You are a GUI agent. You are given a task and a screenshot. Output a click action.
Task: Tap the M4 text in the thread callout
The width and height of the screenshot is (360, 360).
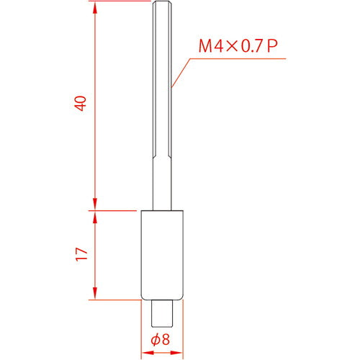210,48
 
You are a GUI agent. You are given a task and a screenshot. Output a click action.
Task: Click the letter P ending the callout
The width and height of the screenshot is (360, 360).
272,48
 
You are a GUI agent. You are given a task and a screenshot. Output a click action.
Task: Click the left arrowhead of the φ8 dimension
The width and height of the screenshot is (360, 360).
144,353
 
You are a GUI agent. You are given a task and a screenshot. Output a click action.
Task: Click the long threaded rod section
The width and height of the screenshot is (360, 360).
163,86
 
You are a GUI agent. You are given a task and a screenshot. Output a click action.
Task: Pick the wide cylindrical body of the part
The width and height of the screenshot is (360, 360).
163,253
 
